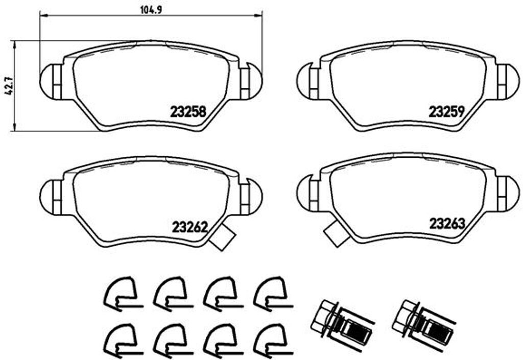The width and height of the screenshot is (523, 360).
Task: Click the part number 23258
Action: (x=187, y=112)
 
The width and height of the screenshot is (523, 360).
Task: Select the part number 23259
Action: (x=446, y=112)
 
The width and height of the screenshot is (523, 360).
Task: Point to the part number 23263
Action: (x=446, y=224)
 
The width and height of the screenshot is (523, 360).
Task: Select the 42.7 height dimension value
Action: (x=7, y=85)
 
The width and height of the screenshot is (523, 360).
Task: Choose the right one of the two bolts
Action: (x=421, y=321)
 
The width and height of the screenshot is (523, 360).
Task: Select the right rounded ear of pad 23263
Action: (x=508, y=193)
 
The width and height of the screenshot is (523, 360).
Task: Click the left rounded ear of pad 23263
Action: (x=307, y=193)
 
